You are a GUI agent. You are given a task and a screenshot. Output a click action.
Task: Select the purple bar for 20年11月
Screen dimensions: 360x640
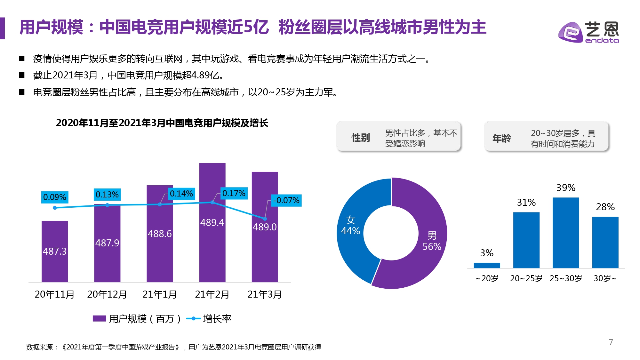[55, 251]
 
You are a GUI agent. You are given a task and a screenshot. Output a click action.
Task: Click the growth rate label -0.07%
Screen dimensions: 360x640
[286, 200]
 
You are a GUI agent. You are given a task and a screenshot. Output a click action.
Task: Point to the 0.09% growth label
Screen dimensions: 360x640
[54, 197]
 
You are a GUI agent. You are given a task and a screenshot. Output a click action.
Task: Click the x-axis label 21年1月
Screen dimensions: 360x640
[159, 294]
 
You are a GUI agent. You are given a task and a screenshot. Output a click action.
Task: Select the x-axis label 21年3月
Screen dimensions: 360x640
[264, 294]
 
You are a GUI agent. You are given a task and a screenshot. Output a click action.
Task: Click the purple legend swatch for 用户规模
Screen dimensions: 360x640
[99, 318]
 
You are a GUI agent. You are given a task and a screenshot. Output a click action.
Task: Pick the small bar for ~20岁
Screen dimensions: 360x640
[487, 265]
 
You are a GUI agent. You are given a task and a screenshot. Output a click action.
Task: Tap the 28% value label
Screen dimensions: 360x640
[605, 207]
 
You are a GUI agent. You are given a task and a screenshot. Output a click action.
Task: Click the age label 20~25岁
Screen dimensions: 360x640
[526, 278]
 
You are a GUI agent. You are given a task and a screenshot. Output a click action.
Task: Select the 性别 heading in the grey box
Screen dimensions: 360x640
[361, 138]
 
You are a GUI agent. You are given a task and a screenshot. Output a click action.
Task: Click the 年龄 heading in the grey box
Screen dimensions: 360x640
[501, 138]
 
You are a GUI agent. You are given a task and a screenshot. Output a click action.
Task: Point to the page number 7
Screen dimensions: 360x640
[611, 342]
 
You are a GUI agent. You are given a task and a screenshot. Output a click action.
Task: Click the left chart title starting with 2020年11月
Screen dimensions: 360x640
[162, 123]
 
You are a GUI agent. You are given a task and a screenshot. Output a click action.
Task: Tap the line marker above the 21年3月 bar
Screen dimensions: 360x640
[265, 219]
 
